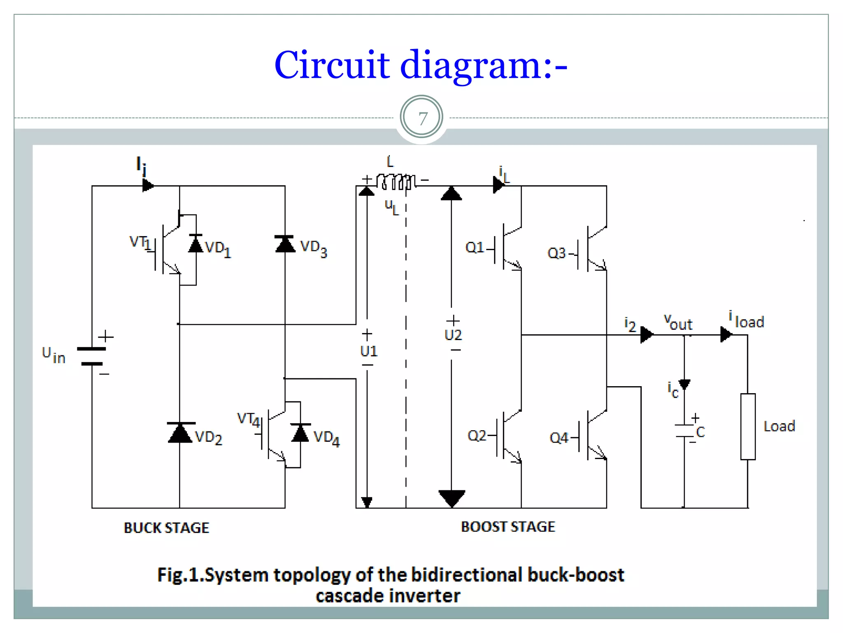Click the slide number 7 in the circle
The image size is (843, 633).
(x=421, y=119)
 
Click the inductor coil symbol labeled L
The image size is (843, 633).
(x=396, y=181)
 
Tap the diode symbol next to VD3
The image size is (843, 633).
(x=285, y=244)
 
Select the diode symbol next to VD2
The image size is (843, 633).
(x=179, y=433)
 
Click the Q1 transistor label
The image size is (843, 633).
(x=475, y=248)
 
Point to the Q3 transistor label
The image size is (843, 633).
(x=557, y=253)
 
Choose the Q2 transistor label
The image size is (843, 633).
(x=477, y=436)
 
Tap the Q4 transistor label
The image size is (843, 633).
(x=559, y=438)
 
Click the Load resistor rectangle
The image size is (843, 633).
(x=748, y=427)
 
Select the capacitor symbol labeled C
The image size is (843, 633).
(x=684, y=431)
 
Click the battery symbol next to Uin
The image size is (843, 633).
(x=92, y=356)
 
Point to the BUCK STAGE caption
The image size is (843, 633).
(x=167, y=528)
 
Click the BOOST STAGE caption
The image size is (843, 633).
(x=508, y=527)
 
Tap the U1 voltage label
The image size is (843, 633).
(x=368, y=351)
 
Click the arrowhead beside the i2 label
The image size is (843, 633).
(x=646, y=335)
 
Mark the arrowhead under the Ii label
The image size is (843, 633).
(x=148, y=185)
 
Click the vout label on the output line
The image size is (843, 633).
(x=678, y=322)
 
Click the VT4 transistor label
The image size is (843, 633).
(x=249, y=420)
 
